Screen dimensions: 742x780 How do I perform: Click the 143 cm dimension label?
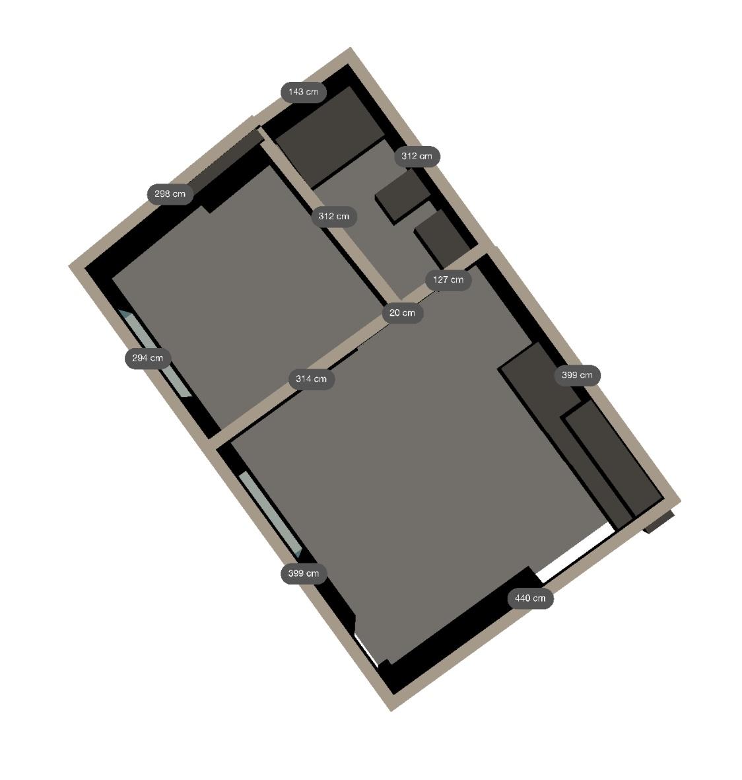click(304, 92)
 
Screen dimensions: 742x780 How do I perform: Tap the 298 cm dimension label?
click(170, 194)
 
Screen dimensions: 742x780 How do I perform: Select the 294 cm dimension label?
click(148, 358)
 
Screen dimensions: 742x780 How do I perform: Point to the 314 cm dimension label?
click(312, 379)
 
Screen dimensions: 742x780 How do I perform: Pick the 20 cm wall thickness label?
click(402, 313)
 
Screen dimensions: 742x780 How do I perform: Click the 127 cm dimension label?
click(448, 279)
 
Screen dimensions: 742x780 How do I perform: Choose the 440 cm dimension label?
click(530, 598)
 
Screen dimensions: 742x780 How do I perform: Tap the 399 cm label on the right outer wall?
click(578, 375)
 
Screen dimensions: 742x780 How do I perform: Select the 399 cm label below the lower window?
click(304, 573)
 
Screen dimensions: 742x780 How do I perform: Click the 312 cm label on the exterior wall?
click(417, 157)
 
